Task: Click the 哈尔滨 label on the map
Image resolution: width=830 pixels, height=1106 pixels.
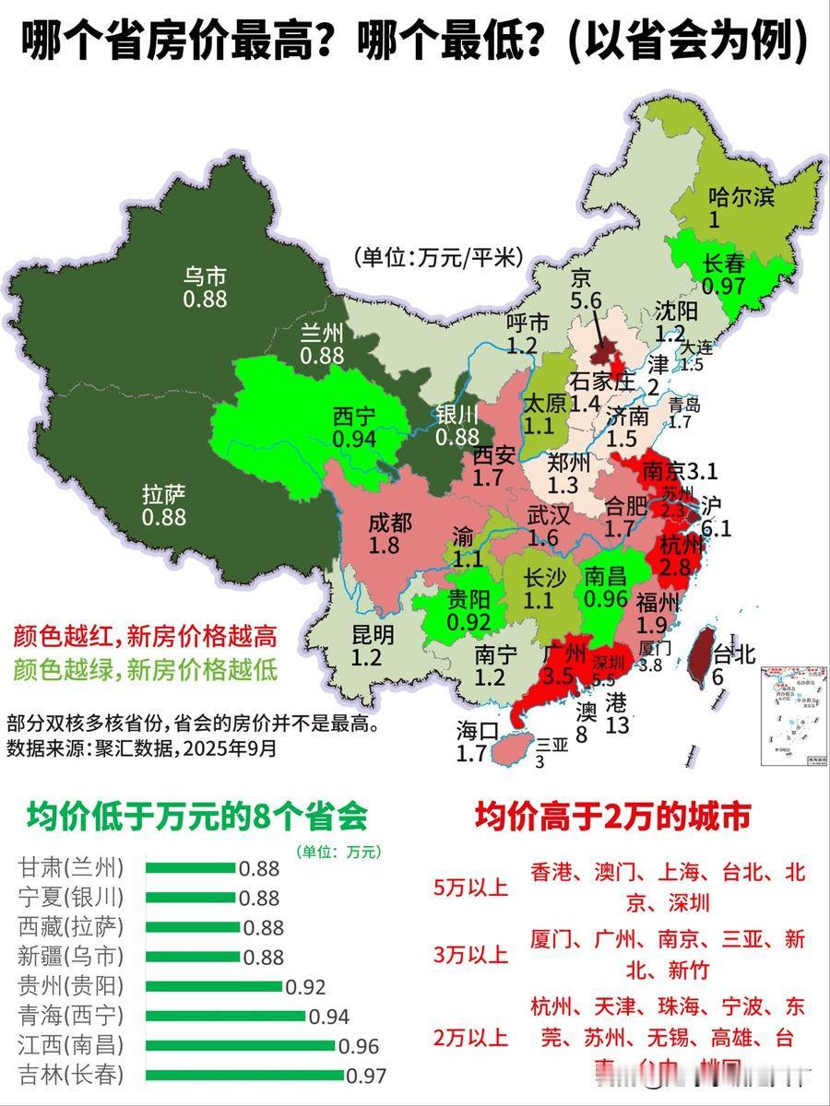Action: point(741,196)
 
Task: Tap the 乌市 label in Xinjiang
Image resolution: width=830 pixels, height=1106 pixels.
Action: point(205,276)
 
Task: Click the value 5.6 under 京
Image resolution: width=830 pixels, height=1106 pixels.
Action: point(586,301)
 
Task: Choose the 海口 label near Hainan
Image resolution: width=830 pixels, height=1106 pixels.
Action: point(478,731)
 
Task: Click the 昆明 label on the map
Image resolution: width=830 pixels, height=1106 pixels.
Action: point(373,634)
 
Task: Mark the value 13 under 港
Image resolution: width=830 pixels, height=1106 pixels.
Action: point(617,725)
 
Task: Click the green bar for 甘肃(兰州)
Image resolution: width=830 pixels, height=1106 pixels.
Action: point(191,867)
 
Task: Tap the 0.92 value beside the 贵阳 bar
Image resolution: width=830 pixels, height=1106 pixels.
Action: point(306,987)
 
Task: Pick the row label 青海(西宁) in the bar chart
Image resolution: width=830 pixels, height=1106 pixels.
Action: point(70,1016)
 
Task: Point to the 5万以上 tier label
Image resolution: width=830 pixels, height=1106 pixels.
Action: point(470,888)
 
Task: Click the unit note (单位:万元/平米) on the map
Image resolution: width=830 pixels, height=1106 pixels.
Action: point(437,257)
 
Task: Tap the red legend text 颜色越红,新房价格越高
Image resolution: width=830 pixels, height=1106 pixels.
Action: point(145,635)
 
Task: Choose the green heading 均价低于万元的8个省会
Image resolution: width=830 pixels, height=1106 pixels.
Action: point(197,816)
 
